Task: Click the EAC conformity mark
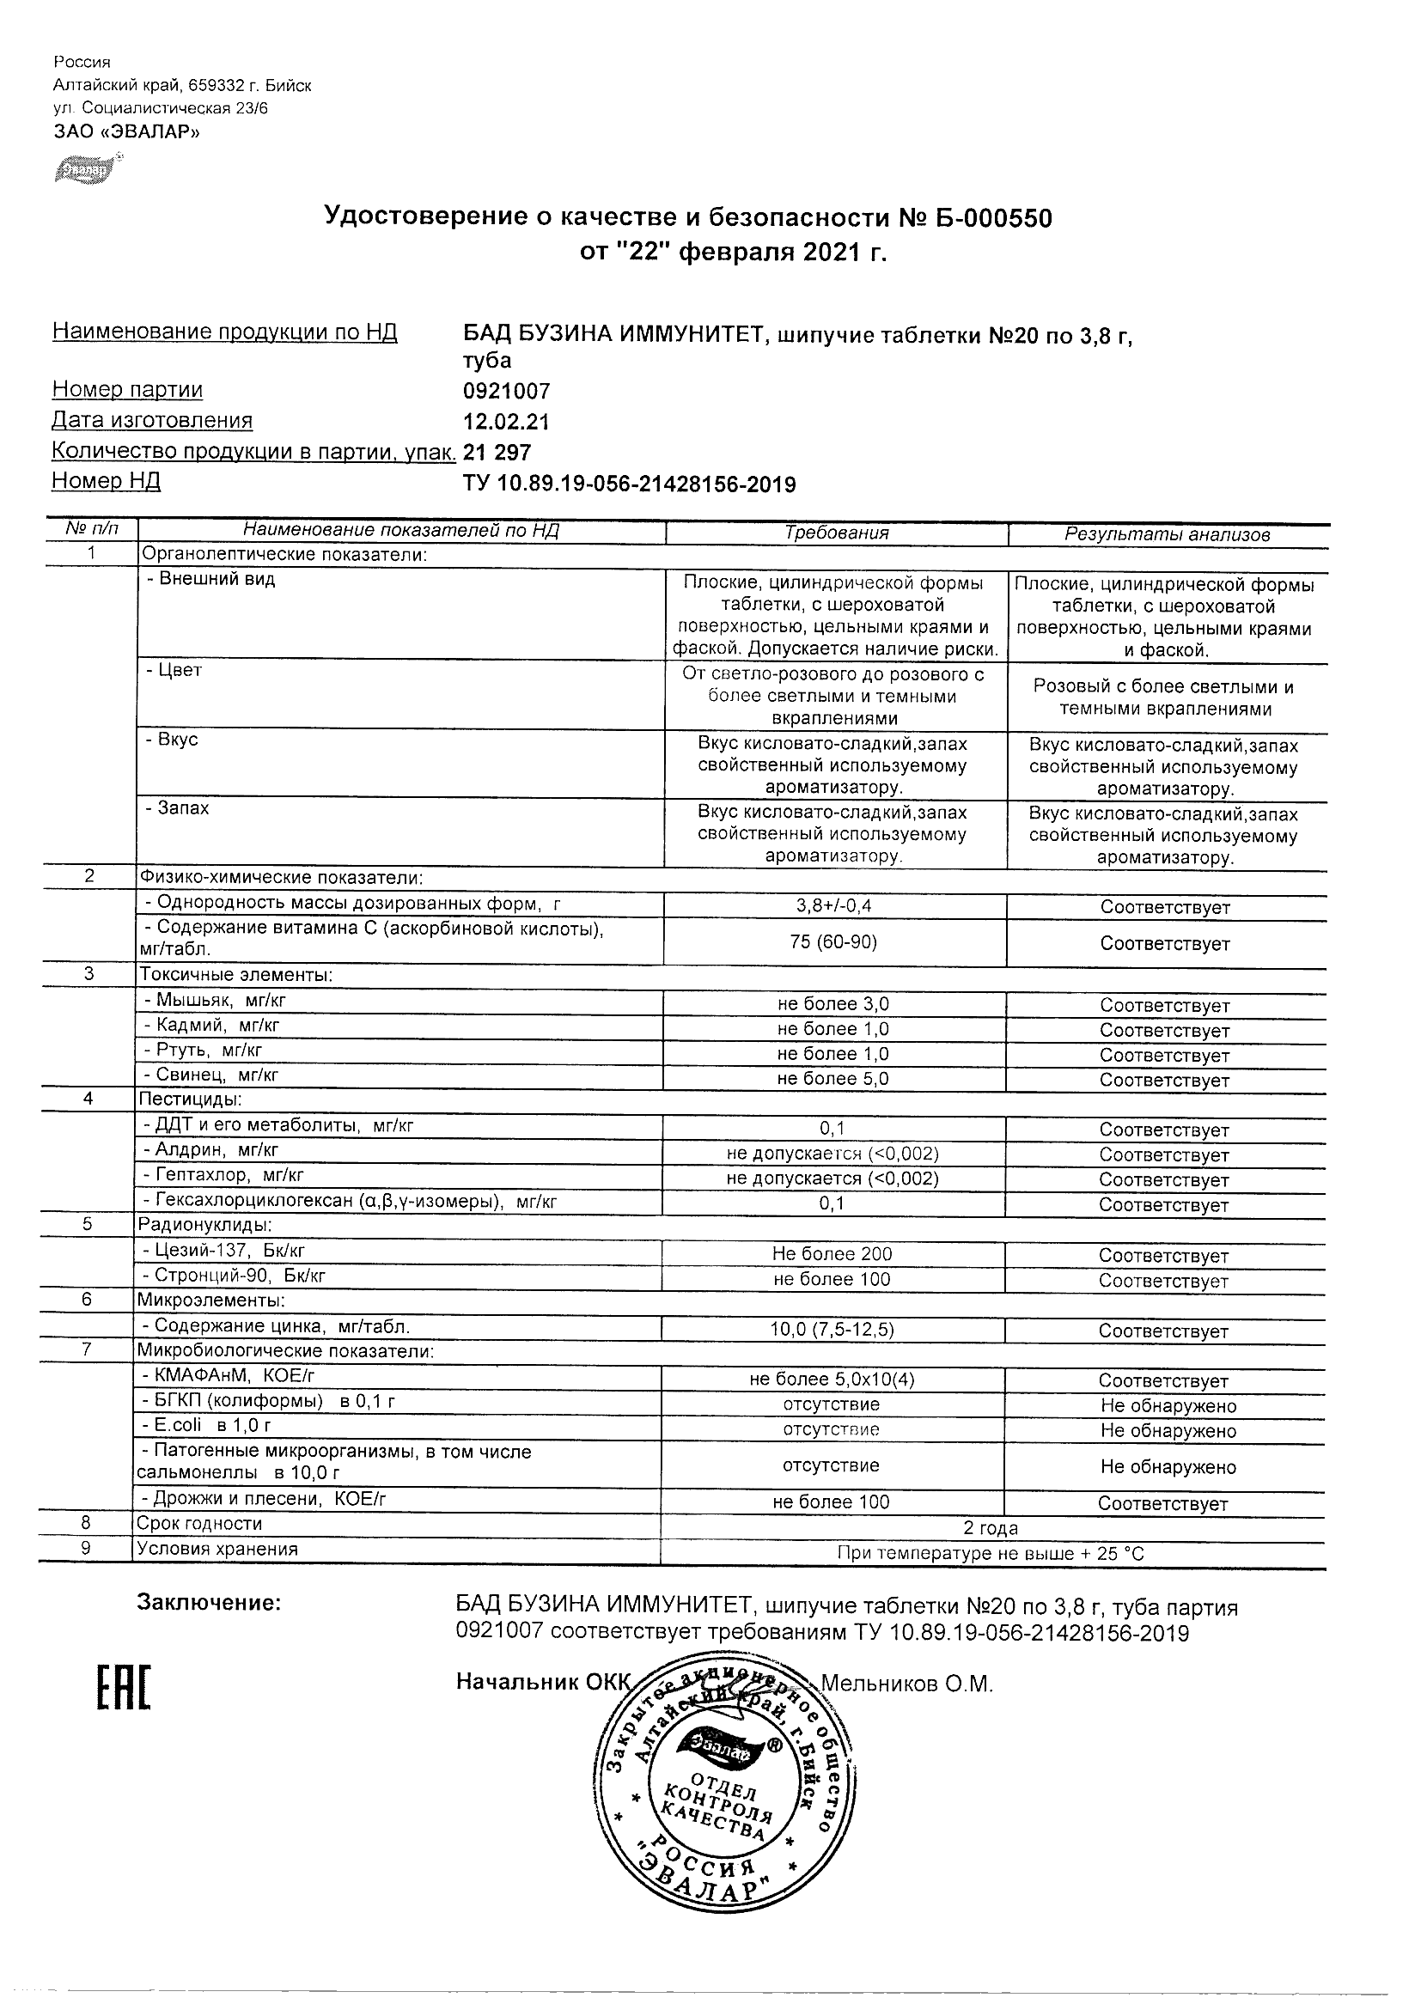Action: pos(123,1702)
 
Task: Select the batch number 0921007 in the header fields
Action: pos(507,392)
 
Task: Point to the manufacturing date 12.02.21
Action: pos(506,422)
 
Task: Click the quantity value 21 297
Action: pos(497,453)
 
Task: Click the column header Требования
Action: pos(836,533)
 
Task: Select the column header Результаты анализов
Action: pos(1167,534)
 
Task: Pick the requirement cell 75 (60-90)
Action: pos(832,942)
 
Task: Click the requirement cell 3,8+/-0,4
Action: pos(832,906)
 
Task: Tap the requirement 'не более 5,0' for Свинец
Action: pos(832,1079)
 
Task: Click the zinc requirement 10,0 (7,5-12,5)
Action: pos(832,1330)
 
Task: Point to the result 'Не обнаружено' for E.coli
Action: pos(1168,1431)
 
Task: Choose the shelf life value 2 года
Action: pos(991,1528)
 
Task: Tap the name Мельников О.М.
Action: pos(906,1684)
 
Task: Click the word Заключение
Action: pos(210,1603)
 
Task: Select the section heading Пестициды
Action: pos(190,1099)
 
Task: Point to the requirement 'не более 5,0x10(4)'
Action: pos(832,1380)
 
